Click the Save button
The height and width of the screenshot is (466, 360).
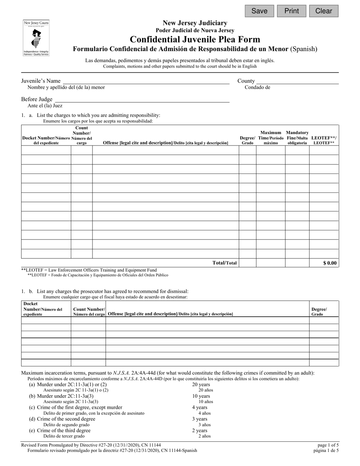point(259,11)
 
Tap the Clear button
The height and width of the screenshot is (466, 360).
point(324,11)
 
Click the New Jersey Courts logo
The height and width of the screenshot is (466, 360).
point(36,38)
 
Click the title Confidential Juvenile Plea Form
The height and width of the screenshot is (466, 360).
point(195,39)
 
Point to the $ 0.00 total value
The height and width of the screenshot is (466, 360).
point(330,263)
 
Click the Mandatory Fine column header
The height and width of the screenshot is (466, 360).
point(297,138)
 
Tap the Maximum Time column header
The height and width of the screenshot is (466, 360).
point(271,138)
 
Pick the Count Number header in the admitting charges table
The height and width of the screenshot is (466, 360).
point(81,136)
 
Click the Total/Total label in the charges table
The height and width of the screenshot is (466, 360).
point(225,263)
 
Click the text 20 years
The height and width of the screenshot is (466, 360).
point(201,385)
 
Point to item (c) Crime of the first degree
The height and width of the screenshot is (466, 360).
point(76,407)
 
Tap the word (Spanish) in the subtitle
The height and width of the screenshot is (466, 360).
point(304,49)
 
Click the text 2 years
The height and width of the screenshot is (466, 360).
point(200,430)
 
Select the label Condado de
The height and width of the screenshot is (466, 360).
point(257,88)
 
